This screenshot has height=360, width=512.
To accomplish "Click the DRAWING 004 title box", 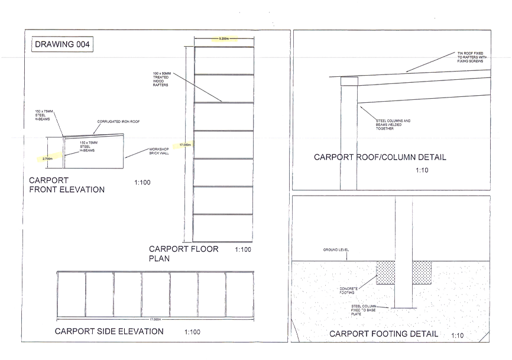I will [62, 45].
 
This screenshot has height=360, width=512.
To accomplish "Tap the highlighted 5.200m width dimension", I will [223, 39].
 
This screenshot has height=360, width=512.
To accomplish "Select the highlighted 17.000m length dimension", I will [186, 144].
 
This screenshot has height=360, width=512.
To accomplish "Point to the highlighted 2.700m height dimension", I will [48, 158].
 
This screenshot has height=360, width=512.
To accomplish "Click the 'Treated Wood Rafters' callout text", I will [161, 79].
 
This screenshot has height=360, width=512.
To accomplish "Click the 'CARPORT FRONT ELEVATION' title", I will [66, 184].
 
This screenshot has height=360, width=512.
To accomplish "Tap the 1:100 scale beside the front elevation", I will [142, 183].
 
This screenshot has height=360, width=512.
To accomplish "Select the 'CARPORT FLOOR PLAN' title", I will [183, 253].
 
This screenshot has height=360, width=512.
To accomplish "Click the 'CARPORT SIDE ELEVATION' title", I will [109, 331].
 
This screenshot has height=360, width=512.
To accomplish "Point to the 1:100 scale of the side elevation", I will [192, 332].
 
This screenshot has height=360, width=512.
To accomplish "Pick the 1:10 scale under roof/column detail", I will [422, 170].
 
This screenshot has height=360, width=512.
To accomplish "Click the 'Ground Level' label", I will [335, 249].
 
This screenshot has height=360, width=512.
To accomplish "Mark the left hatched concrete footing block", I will [386, 273].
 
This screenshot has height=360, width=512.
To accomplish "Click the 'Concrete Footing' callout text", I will [348, 290].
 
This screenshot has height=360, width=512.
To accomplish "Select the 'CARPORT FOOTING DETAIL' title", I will [384, 334].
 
